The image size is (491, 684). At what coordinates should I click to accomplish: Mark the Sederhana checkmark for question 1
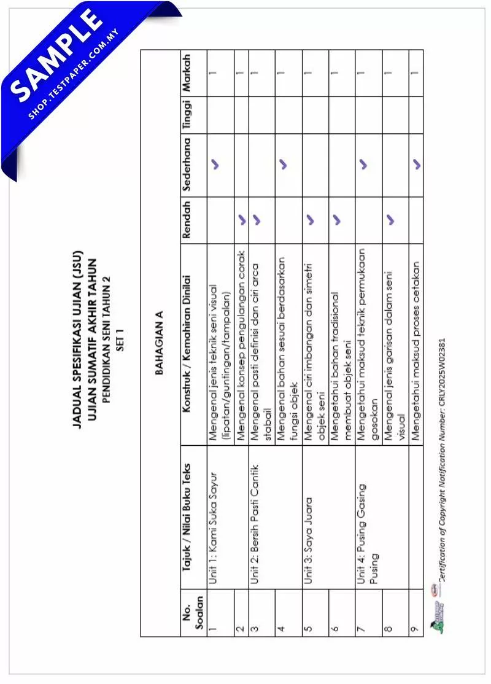(217, 164)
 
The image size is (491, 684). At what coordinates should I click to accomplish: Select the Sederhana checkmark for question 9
(417, 164)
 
